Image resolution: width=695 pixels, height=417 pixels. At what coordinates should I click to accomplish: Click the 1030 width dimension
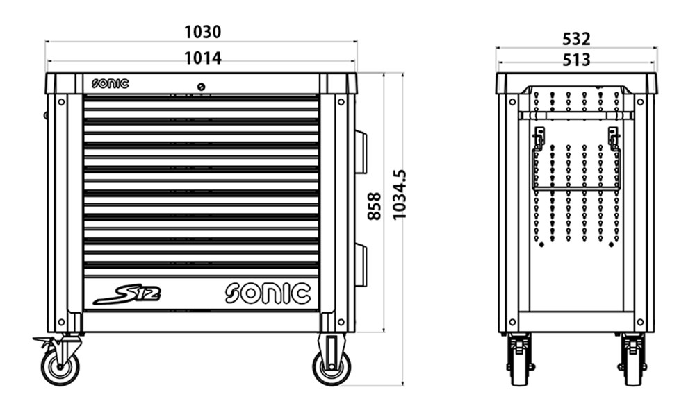click(x=202, y=33)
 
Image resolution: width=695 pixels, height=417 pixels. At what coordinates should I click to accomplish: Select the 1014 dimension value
click(x=202, y=58)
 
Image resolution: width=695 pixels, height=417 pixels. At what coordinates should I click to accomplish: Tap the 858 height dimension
click(x=375, y=206)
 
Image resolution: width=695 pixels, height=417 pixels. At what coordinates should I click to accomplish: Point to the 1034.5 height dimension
click(x=400, y=194)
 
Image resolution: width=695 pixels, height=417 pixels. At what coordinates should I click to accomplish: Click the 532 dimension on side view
click(x=576, y=40)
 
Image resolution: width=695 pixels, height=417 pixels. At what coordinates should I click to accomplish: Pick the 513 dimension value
click(x=576, y=60)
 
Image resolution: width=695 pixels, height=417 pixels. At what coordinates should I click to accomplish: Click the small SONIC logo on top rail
click(x=110, y=83)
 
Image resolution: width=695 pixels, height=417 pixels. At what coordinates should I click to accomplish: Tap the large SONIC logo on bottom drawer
click(x=268, y=293)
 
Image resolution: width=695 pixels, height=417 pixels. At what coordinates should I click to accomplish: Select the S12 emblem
click(x=127, y=295)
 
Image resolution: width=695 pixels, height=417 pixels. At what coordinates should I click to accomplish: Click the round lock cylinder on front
click(x=201, y=87)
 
